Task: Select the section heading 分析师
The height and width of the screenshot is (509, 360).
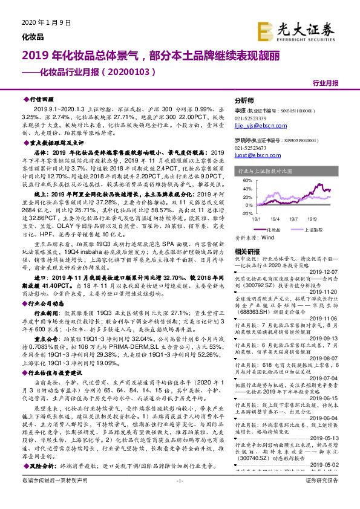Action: pyautogui.click(x=244, y=100)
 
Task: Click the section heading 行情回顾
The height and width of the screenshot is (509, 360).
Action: pyautogui.click(x=42, y=97)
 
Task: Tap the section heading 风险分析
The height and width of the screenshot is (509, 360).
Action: pyautogui.click(x=42, y=466)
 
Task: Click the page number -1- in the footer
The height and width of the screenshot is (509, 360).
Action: pyautogui.click(x=179, y=497)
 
